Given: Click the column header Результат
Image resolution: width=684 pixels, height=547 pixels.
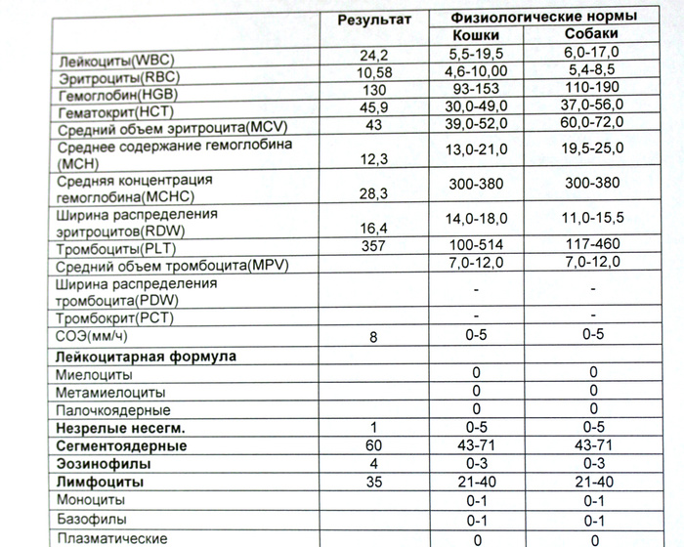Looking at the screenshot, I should (375, 21).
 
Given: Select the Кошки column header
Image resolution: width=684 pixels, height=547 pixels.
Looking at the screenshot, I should (476, 35).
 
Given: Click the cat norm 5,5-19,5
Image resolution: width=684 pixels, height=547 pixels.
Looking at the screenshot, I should (477, 55).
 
